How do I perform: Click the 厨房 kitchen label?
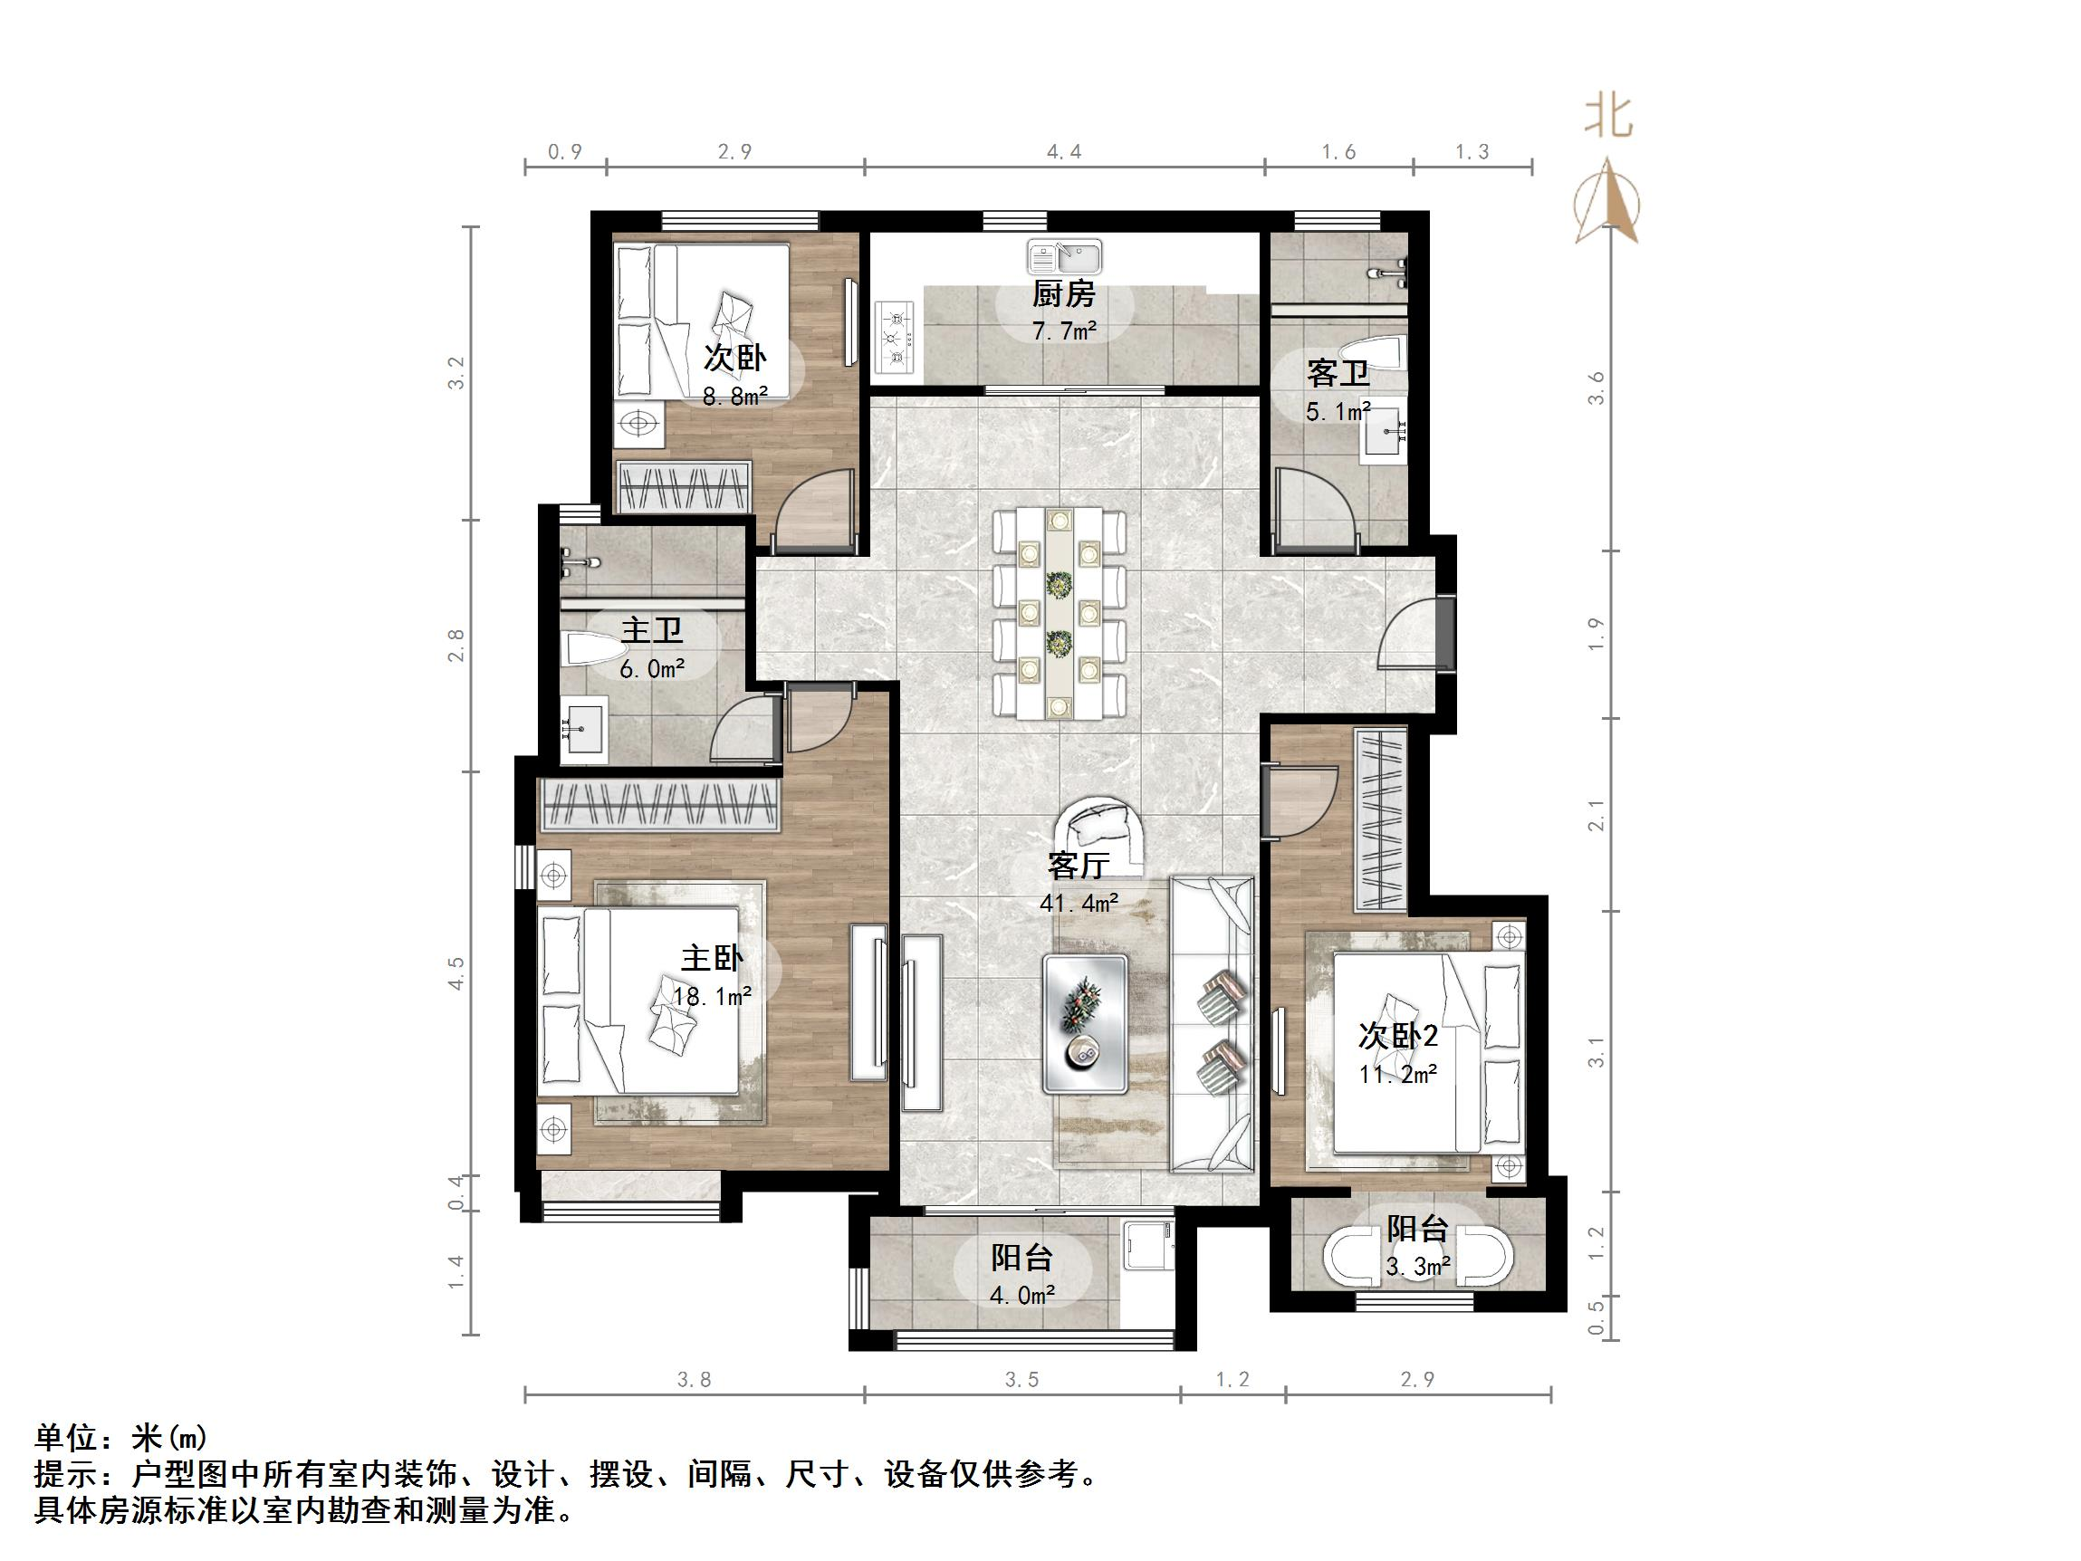pyautogui.click(x=1063, y=294)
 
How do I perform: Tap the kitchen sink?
pyautogui.click(x=1064, y=256)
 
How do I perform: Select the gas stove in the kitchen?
pyautogui.click(x=895, y=337)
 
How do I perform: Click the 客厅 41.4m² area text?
pyautogui.click(x=1079, y=903)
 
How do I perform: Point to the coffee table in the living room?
pyautogui.click(x=1085, y=1024)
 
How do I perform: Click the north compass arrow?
pyautogui.click(x=1607, y=202)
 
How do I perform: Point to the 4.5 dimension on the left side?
pyautogui.click(x=456, y=972)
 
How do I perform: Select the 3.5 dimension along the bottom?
pyautogui.click(x=1021, y=1379)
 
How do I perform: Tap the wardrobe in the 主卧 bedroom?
pyautogui.click(x=659, y=806)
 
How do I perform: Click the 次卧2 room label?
pyautogui.click(x=1397, y=1036)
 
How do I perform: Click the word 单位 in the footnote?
pyautogui.click(x=66, y=1438)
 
